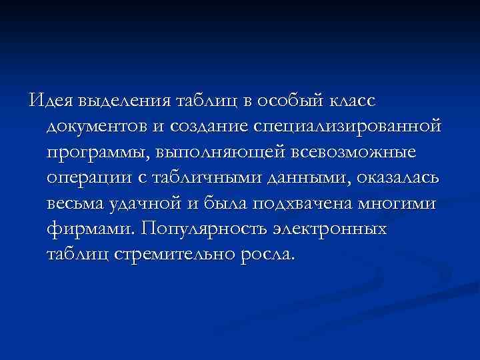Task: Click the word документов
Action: pyautogui.click(x=106, y=127)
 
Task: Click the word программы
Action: pyautogui.click(x=97, y=153)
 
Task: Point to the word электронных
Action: pyautogui.click(x=329, y=229)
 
